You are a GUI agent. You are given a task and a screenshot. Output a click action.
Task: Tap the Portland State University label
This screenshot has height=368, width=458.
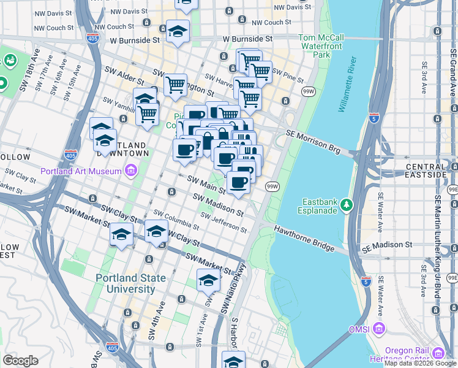coord(130,283)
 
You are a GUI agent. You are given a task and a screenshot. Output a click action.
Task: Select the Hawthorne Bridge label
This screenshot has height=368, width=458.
coord(303,240)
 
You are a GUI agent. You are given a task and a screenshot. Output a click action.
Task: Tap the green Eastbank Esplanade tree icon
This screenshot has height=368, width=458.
coord(347,203)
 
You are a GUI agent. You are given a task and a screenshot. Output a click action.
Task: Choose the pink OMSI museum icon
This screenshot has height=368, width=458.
coord(379,329)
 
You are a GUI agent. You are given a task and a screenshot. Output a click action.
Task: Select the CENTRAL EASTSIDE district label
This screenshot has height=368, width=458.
coord(427,171)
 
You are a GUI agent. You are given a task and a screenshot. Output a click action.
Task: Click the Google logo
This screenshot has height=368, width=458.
coord(20,361)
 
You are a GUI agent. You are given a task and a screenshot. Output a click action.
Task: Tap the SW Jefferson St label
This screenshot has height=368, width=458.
coord(223,224)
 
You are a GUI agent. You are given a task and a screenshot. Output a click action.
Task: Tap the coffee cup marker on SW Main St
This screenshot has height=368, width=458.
coord(238,182)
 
